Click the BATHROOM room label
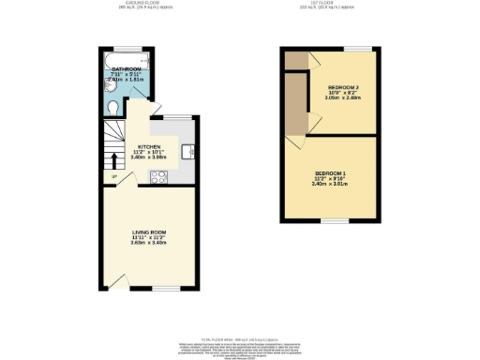(125, 69)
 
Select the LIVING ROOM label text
(148, 232)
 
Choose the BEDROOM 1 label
(330, 174)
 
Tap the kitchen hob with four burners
(157, 177)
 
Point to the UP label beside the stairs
(113, 177)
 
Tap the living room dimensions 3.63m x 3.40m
(148, 243)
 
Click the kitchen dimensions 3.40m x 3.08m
(151, 157)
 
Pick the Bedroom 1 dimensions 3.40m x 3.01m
(330, 184)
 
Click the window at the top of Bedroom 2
(356, 47)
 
